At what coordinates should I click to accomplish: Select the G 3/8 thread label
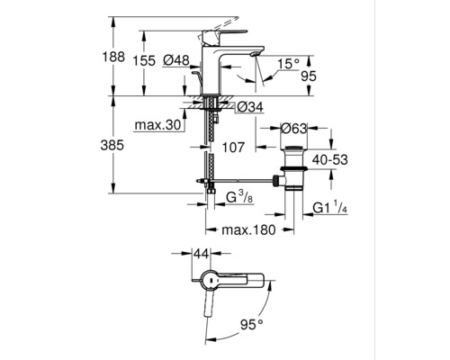coord(235,196)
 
